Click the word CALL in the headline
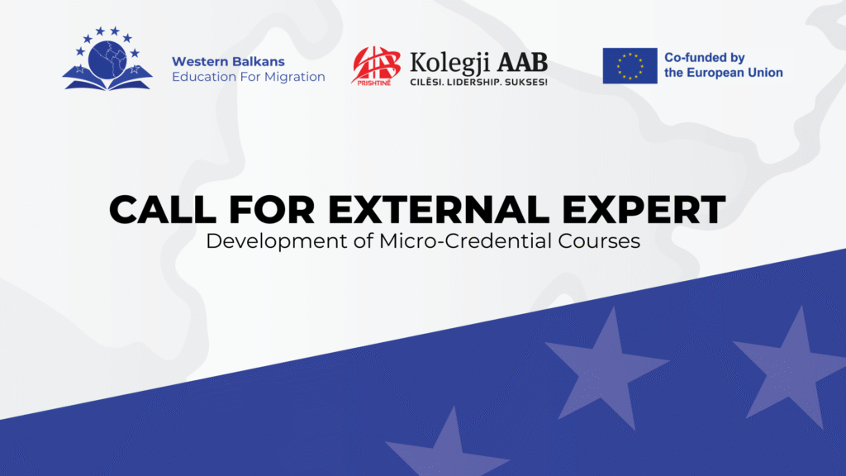[x=163, y=209]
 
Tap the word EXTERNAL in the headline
[x=439, y=209]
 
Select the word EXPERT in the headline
[x=644, y=209]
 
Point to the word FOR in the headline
[x=272, y=209]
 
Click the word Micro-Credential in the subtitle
[x=466, y=241]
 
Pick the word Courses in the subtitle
[x=599, y=241]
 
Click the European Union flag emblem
[x=630, y=66]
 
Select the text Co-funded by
[x=704, y=58]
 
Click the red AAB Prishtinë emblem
[x=376, y=66]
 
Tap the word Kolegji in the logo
[x=450, y=64]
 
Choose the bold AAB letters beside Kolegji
[x=522, y=62]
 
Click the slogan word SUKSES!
[x=526, y=83]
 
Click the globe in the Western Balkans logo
[x=107, y=59]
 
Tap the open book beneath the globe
[x=107, y=79]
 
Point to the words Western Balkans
[x=228, y=61]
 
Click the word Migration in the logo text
[x=295, y=77]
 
